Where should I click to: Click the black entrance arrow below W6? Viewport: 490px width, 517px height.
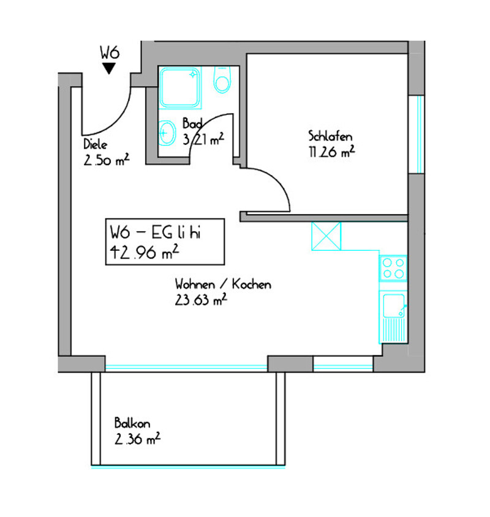click(108, 69)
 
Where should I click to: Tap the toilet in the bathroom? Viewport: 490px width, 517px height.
click(222, 80)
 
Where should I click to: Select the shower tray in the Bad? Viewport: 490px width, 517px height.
click(180, 87)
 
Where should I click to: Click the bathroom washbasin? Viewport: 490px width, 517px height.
click(167, 133)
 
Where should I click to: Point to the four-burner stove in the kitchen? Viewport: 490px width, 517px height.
click(393, 269)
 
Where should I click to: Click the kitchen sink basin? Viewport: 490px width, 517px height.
click(394, 306)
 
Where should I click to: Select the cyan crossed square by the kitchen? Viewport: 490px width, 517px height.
click(326, 236)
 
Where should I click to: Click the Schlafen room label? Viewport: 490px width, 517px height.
click(330, 136)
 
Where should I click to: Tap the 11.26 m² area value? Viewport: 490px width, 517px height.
click(332, 152)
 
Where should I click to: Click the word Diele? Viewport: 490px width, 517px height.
click(95, 144)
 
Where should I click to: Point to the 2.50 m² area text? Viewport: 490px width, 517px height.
click(107, 160)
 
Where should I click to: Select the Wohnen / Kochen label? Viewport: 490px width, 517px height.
click(223, 284)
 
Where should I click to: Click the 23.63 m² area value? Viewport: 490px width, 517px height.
click(201, 300)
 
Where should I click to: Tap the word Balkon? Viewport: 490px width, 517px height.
click(132, 423)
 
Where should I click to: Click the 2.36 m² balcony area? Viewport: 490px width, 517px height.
click(138, 439)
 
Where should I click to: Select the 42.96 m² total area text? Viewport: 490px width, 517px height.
click(145, 252)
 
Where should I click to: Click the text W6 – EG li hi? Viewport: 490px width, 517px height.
click(155, 232)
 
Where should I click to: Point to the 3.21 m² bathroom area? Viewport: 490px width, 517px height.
click(204, 139)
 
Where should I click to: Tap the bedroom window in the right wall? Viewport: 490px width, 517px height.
click(417, 134)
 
